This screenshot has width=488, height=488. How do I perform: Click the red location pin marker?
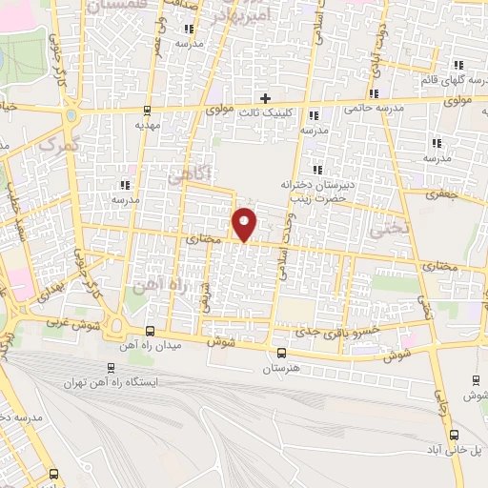pos(245,225)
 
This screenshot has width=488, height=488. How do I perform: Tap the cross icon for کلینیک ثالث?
pos(266,99)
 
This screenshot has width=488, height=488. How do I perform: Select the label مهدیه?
pos(146,124)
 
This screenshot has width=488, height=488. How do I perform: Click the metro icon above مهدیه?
pos(147,109)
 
